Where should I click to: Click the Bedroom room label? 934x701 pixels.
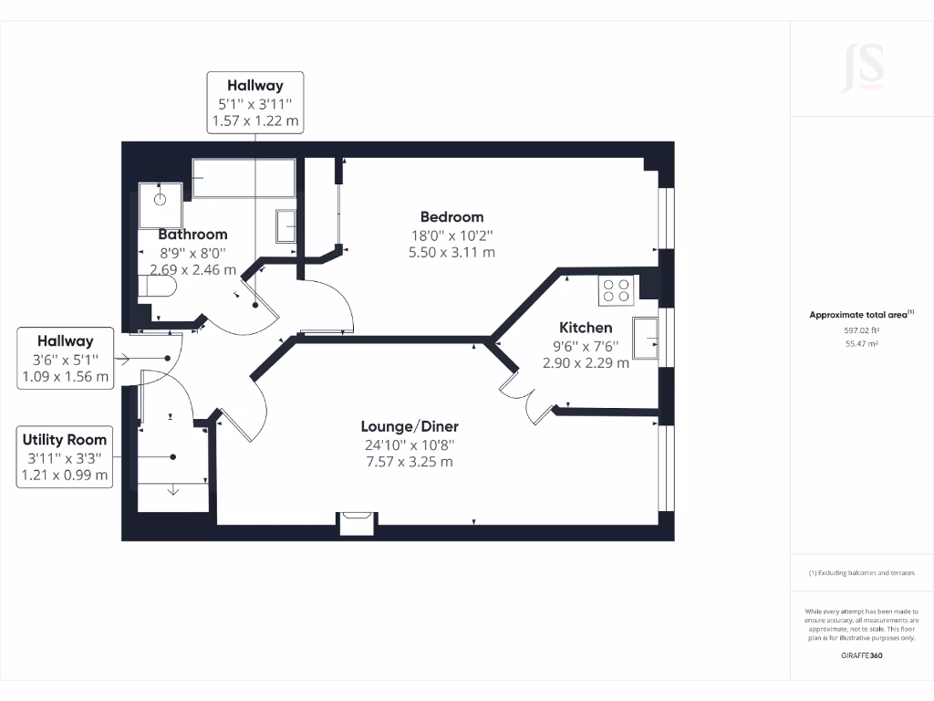pos(451,217)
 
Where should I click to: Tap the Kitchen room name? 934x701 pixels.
pos(586,328)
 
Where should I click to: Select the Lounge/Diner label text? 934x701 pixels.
pos(410,426)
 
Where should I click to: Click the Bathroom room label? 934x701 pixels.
pos(192,235)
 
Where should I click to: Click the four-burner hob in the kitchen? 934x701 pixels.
pos(616,290)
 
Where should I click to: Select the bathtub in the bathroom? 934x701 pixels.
pos(244,178)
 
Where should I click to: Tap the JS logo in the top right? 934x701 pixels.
pos(862,68)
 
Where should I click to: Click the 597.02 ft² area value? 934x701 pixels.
pos(861,330)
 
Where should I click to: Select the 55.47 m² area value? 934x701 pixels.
pos(861,344)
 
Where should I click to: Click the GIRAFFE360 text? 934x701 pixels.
pos(861,655)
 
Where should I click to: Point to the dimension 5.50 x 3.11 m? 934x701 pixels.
pos(451,252)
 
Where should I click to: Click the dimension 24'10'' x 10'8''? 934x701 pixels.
pos(410,445)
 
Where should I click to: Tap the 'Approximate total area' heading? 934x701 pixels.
pos(861,315)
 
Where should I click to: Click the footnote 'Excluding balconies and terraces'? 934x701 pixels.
pos(861,573)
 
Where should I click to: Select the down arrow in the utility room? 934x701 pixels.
pos(173,491)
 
